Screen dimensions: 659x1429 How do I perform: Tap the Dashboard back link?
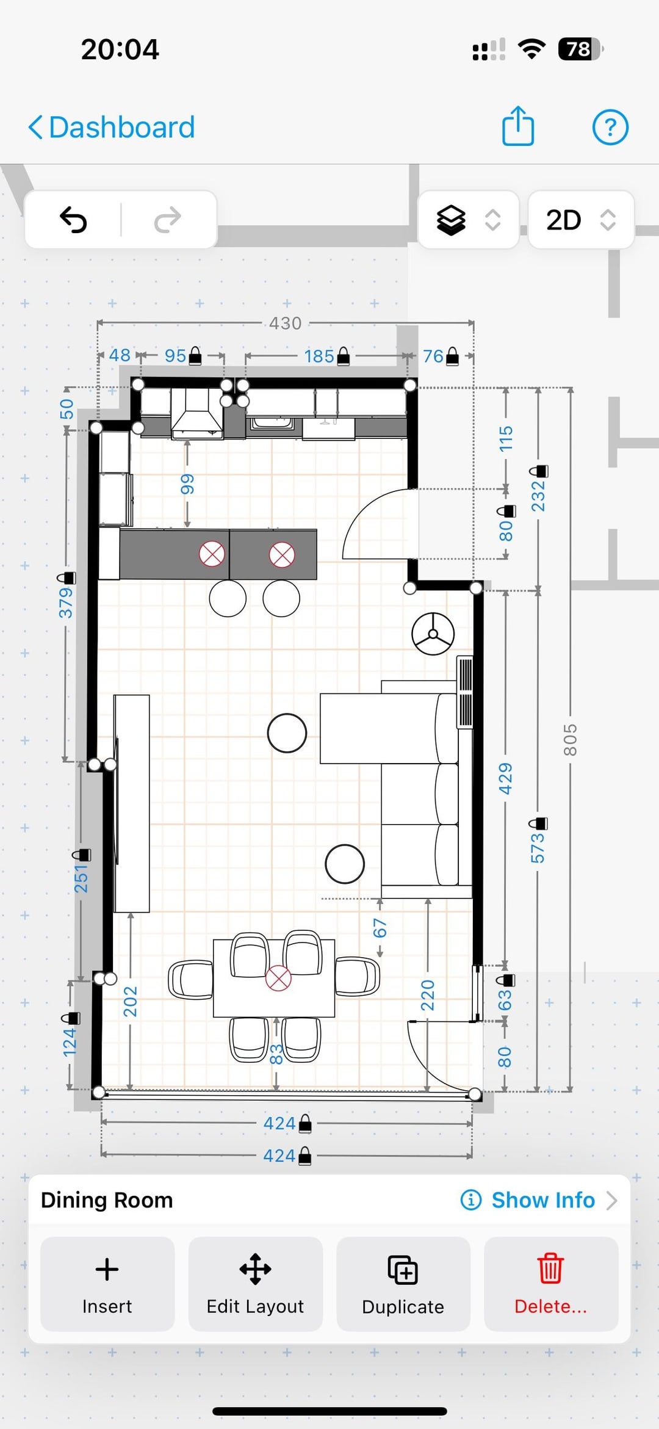coord(112,128)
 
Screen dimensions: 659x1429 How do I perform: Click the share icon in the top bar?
coord(518,126)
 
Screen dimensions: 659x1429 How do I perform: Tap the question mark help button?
coord(610,128)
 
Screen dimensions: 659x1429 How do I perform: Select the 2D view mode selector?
coord(581,220)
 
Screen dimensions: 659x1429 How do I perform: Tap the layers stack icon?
coord(451,220)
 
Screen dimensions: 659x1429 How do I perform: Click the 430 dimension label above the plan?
coord(286,323)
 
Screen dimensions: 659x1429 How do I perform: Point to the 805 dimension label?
coord(570,740)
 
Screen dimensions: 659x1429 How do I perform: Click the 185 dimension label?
coord(319,356)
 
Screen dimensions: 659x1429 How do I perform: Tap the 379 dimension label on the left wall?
coord(66,603)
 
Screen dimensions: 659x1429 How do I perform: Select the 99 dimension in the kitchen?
coord(187,484)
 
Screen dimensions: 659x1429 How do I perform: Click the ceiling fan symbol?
coord(433,634)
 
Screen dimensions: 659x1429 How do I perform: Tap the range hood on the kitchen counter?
coord(196,414)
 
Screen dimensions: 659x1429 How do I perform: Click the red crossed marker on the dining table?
coord(278,978)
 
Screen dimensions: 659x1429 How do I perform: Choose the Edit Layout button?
coord(255,1284)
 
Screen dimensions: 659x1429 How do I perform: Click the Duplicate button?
coord(403,1284)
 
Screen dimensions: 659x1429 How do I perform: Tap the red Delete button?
coord(551,1284)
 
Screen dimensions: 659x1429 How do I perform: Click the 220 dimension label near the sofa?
coord(428,995)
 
